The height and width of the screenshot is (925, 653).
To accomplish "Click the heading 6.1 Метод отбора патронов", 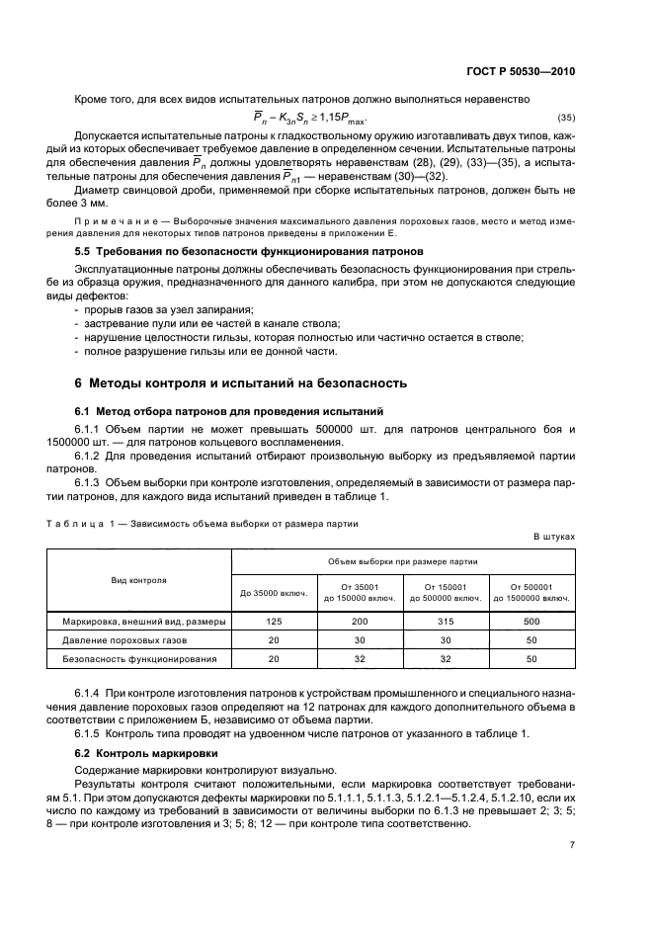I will click(230, 410).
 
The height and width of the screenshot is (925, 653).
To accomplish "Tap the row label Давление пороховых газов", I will click(138, 639).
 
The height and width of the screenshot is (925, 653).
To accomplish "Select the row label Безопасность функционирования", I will click(138, 658).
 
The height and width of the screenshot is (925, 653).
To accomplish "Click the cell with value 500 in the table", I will click(531, 622).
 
